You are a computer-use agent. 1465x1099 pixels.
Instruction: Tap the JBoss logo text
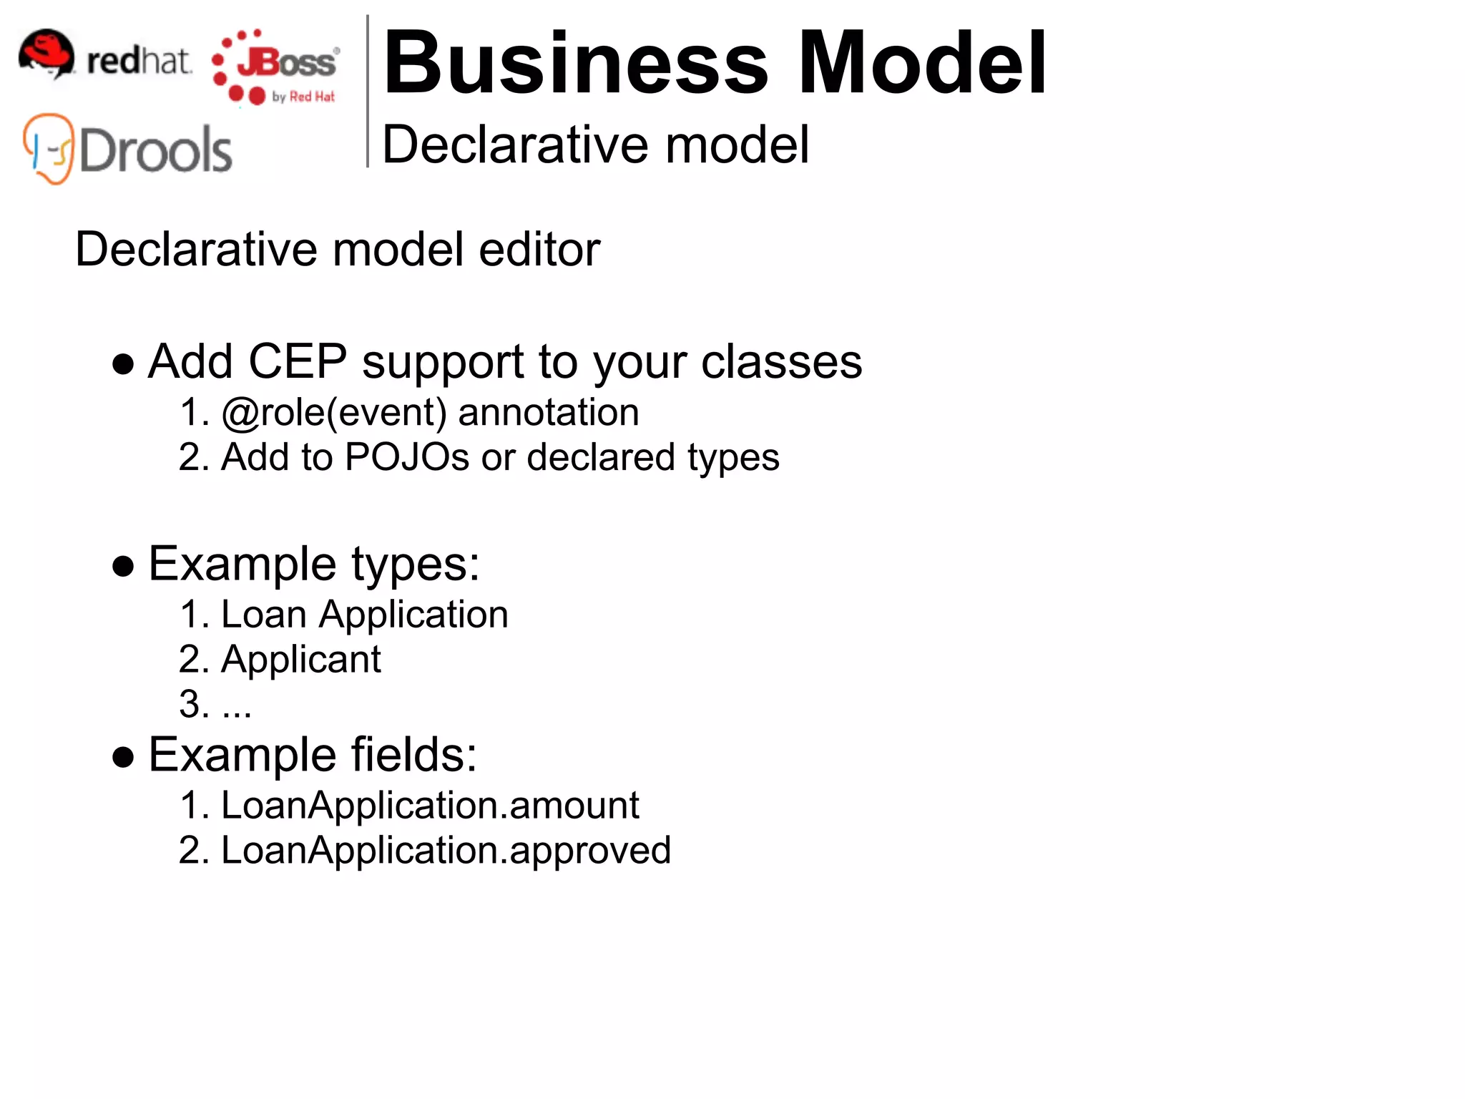tap(286, 63)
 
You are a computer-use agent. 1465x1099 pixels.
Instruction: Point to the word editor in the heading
tap(539, 250)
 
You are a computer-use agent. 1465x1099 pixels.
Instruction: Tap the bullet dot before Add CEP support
tap(124, 364)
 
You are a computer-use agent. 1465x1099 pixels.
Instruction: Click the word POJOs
tap(406, 457)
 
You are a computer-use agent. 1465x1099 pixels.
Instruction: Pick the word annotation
tap(549, 413)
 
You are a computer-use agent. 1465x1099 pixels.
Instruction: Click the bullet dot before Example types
tap(124, 566)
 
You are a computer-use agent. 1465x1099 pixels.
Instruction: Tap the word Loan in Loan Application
tap(264, 615)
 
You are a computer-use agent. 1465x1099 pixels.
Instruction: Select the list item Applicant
tap(301, 660)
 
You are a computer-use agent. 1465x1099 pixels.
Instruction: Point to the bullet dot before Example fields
tap(124, 757)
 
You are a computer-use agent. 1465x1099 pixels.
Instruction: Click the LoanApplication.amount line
tap(430, 806)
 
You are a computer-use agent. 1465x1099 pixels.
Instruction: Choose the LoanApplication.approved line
tap(446, 851)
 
